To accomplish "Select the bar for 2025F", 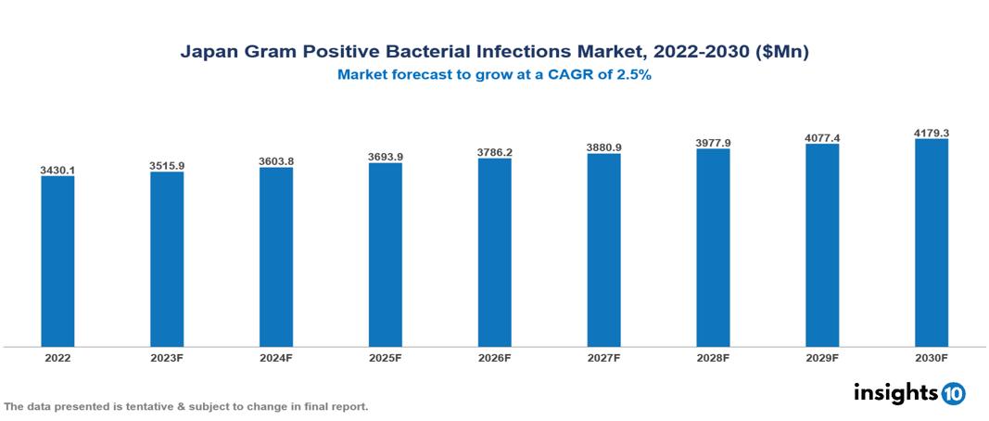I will point(385,255).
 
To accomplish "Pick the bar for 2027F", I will point(603,250).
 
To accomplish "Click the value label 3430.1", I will point(57,171).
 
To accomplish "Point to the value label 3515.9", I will point(167,166).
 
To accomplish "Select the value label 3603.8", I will point(276,161).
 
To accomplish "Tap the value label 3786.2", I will point(494,152).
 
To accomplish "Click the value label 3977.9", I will point(713,143).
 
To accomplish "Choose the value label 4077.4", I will point(822,138).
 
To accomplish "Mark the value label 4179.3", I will point(931,134).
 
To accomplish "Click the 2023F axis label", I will point(167,358).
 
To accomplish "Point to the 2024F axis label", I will point(276,358).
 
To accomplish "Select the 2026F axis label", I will point(494,358).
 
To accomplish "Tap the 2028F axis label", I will point(713,358).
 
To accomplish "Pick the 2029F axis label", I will point(822,358).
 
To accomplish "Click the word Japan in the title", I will point(206,53).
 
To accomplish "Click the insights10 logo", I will point(909,393).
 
